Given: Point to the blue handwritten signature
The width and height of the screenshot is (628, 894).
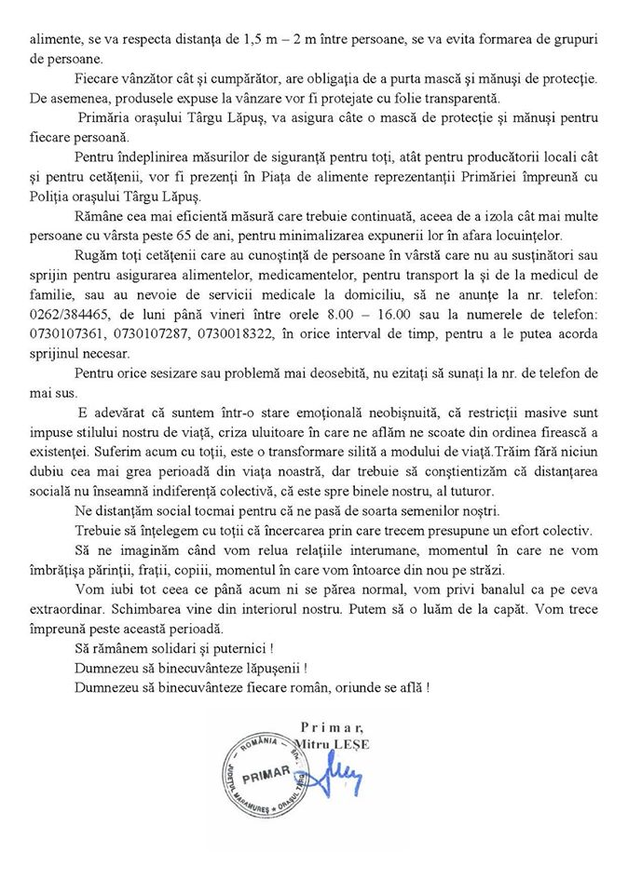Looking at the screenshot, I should pyautogui.click(x=340, y=772).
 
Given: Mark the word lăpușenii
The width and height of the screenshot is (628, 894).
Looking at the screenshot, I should pyautogui.click(x=270, y=669).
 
